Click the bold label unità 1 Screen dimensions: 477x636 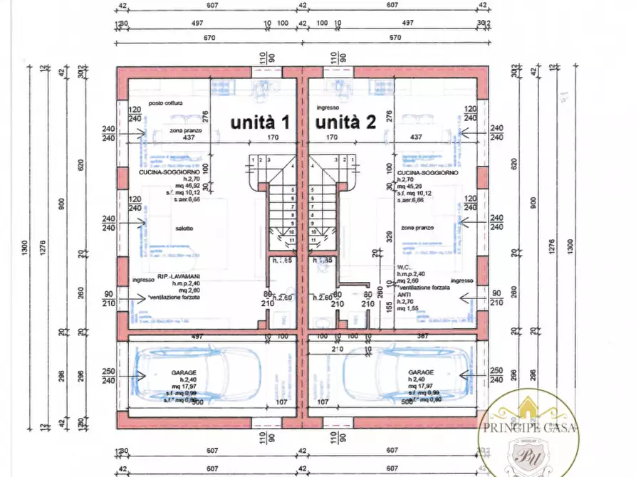point(259,122)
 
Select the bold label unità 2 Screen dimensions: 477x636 point(346,122)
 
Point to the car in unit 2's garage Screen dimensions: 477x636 point(402,374)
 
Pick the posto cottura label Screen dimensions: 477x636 point(166,103)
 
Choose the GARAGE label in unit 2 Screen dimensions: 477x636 point(421,372)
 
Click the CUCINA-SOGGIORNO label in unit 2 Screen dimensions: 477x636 point(427,172)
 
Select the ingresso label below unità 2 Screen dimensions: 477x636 point(328,108)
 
